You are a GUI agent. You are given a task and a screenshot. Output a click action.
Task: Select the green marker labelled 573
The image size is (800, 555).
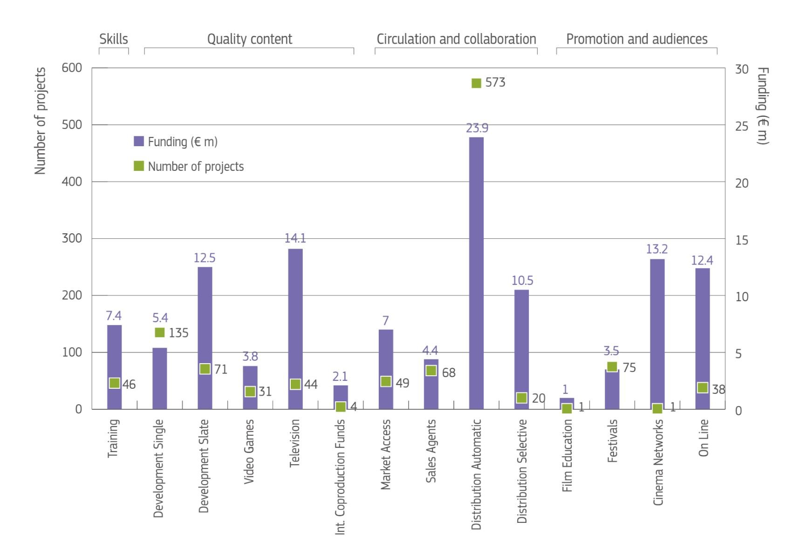(476, 83)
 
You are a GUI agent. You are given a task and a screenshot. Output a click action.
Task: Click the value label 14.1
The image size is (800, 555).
(295, 238)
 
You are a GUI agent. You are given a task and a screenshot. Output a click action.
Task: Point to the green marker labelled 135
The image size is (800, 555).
(160, 332)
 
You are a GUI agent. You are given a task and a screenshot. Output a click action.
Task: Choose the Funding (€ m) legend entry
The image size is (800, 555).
(176, 142)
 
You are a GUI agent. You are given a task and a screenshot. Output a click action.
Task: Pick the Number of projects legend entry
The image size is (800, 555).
(189, 166)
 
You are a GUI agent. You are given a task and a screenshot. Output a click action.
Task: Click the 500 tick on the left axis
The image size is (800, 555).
(72, 125)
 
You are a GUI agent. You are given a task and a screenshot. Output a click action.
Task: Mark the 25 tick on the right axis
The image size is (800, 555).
(741, 126)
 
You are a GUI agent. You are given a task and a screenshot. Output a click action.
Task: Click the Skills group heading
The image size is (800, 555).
(114, 39)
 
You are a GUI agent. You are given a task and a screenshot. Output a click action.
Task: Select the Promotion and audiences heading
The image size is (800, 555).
(636, 39)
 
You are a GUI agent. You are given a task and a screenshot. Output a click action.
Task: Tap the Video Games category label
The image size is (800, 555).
(250, 452)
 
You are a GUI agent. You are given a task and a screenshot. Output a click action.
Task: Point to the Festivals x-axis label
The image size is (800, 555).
(612, 441)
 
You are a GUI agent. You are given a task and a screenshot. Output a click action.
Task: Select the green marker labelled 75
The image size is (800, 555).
(612, 366)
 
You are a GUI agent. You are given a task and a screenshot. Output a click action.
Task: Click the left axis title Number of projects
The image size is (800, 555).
(41, 121)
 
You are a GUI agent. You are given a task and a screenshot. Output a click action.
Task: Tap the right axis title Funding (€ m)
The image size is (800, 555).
(762, 106)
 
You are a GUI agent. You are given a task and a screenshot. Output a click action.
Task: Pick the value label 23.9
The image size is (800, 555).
(477, 128)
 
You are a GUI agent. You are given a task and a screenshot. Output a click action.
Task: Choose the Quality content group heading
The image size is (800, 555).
(250, 39)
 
